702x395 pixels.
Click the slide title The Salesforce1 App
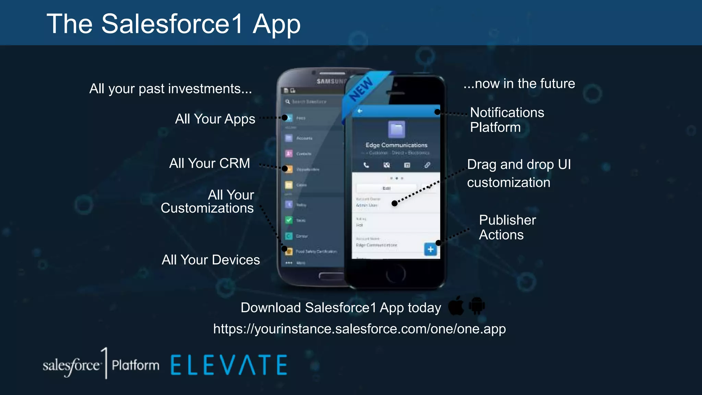coord(173,24)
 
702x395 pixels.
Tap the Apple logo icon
coord(456,306)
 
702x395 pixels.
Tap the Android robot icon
coord(477,306)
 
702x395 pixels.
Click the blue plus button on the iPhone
coord(431,249)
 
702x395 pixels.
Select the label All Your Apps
coord(215,119)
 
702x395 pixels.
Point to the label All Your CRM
coord(209,163)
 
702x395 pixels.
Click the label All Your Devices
coord(211,260)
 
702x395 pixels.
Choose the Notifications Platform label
coord(507,120)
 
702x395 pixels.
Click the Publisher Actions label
coord(507,227)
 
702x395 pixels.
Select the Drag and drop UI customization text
coord(519,173)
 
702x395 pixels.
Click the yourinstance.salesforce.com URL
coord(359,329)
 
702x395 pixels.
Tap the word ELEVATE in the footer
coord(229,365)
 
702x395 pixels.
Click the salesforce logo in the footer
coord(71,366)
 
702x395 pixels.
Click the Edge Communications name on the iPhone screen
coord(396,145)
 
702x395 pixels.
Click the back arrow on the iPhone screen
coord(360,111)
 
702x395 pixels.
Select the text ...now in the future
coord(519,84)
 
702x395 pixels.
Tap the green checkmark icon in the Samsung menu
coord(289,220)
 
